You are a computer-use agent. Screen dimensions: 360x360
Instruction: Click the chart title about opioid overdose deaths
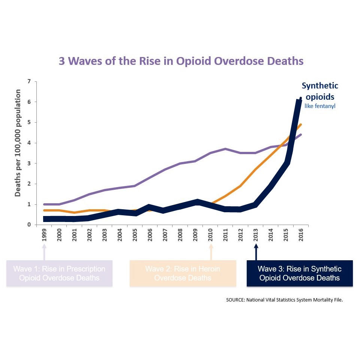(181, 61)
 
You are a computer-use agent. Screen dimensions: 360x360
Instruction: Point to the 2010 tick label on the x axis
(211, 235)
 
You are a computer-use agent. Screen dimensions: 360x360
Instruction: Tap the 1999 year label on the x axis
(45, 235)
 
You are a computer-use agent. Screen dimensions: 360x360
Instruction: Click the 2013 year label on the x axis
(256, 235)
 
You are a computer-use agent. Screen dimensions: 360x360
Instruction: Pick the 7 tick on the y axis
(29, 81)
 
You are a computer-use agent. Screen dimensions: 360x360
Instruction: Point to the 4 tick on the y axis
(29, 143)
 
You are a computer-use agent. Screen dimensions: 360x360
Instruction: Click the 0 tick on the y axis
(29, 225)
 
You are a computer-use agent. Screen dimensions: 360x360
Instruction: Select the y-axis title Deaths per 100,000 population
(18, 143)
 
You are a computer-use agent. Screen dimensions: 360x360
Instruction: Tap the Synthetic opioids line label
(320, 91)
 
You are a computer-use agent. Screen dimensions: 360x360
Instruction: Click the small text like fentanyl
(320, 106)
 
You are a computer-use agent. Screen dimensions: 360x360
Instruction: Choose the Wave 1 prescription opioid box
(59, 273)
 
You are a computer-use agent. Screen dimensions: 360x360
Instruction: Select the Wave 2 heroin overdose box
(183, 273)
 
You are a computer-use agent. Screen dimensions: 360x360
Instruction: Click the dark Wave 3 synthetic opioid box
(300, 273)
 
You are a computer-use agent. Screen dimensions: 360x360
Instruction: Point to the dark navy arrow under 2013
(256, 252)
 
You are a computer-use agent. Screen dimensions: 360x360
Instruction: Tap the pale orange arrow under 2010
(211, 252)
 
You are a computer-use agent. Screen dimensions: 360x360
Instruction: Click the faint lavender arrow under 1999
(45, 252)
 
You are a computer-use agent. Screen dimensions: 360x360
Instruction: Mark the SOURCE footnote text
(284, 300)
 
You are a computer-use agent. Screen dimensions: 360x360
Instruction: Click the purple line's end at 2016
(301, 135)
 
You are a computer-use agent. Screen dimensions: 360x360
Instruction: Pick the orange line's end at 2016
(301, 124)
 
